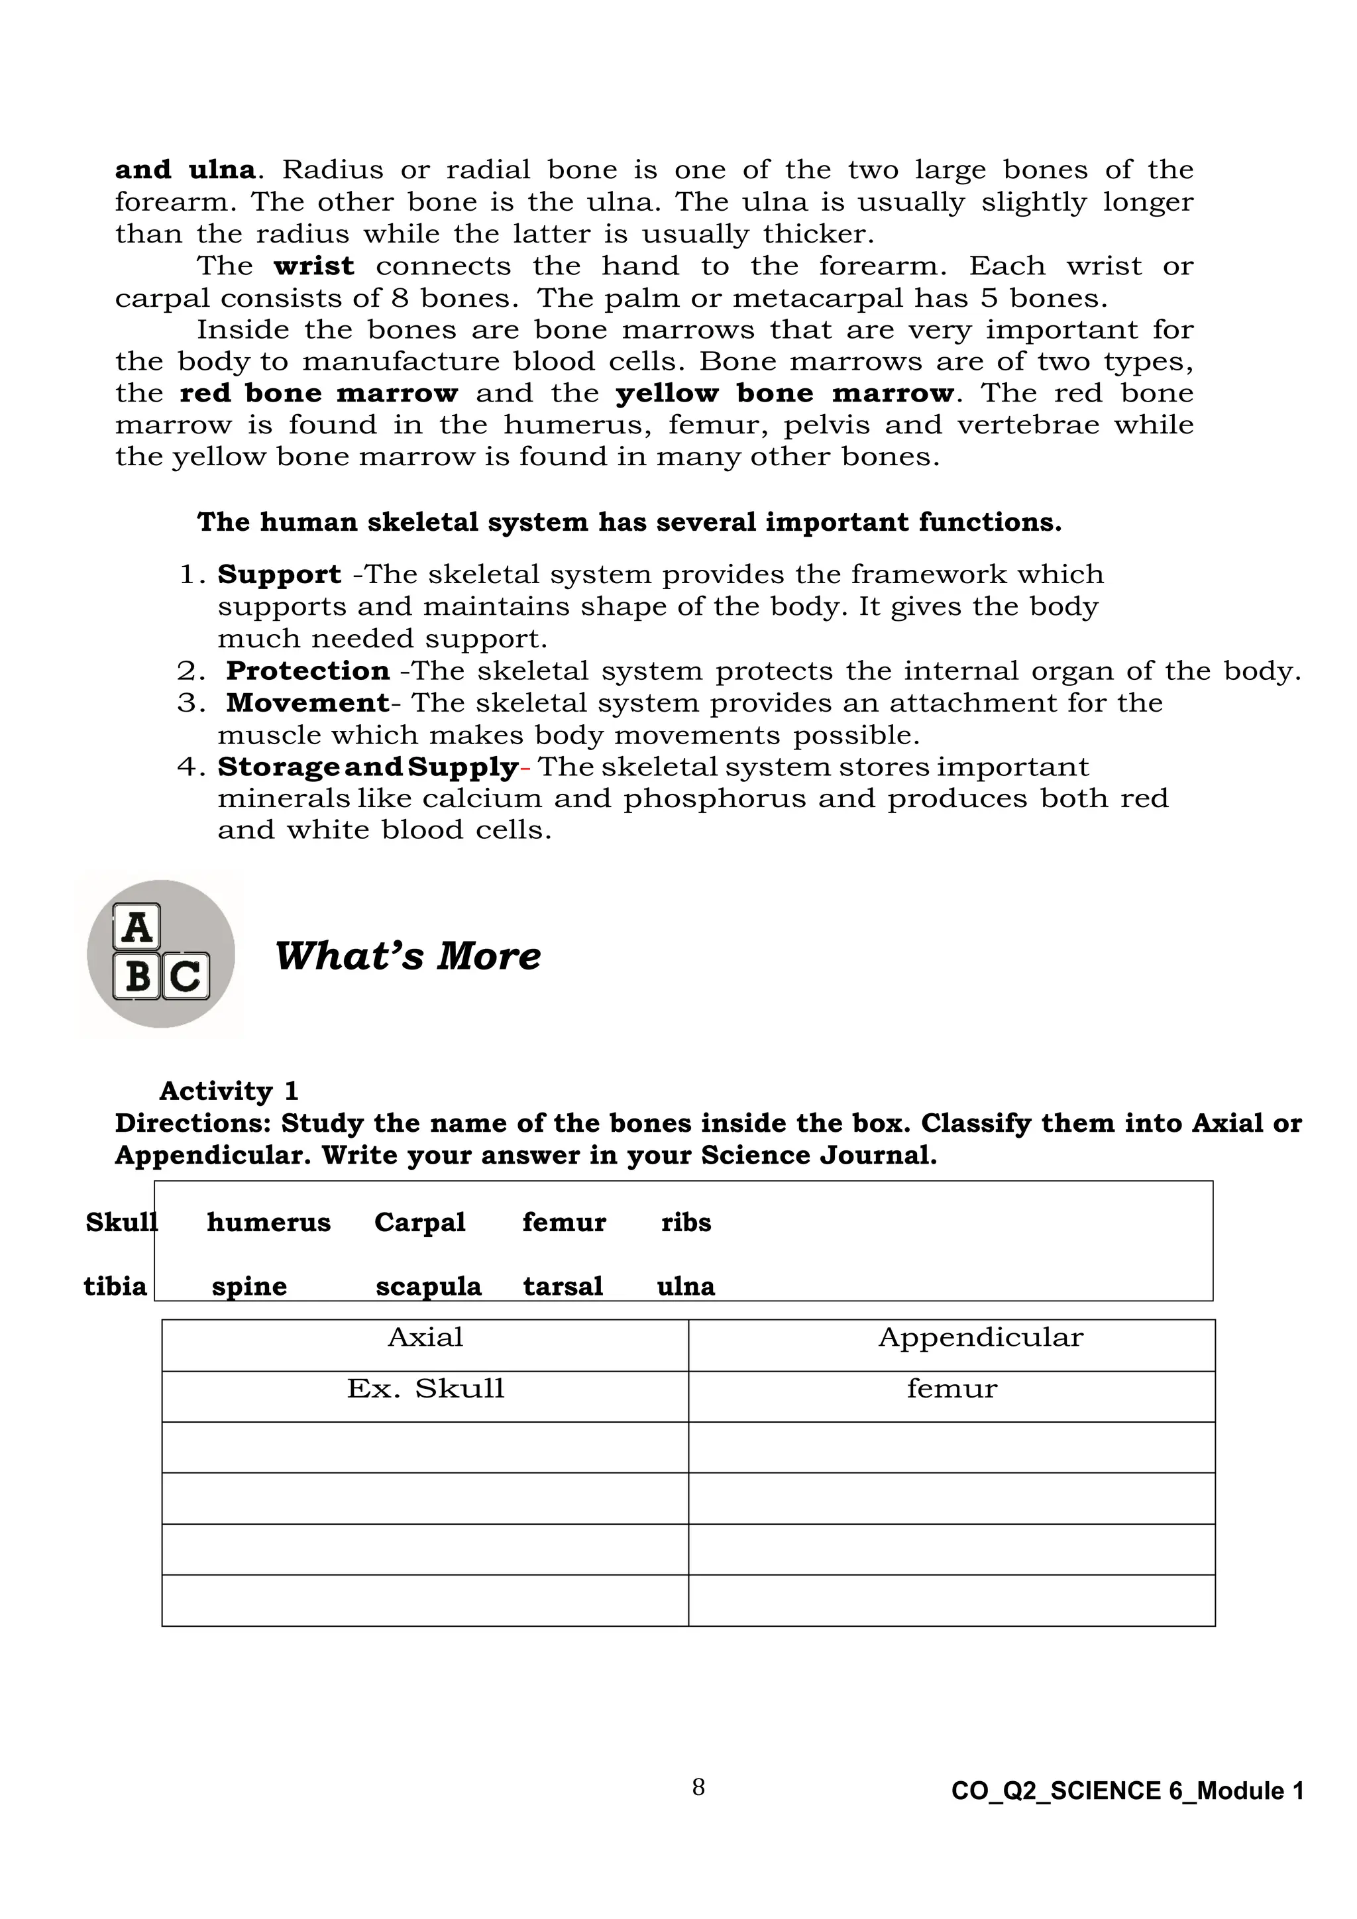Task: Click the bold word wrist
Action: click(313, 266)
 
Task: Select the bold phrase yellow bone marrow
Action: click(784, 393)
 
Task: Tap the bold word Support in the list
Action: click(279, 575)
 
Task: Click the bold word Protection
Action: click(307, 671)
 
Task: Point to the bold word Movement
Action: click(307, 703)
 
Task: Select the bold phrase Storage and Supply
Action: click(368, 767)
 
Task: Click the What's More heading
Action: click(407, 956)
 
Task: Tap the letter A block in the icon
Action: click(136, 927)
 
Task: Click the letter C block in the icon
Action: click(186, 975)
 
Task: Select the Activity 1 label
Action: click(228, 1091)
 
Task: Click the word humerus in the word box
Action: click(268, 1223)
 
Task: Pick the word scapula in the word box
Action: click(428, 1286)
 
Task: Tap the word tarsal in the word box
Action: click(563, 1286)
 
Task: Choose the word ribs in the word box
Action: click(685, 1223)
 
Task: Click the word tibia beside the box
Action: click(115, 1286)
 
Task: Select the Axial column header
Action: click(425, 1337)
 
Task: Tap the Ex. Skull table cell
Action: click(425, 1389)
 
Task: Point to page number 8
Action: click(698, 1787)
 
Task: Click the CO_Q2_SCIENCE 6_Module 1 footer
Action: click(1126, 1791)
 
